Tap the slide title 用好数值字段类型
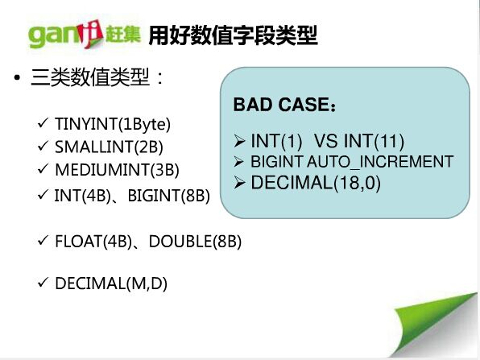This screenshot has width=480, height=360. [x=233, y=35]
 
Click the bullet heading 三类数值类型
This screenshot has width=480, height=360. [x=90, y=77]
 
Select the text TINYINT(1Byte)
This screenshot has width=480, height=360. [x=113, y=124]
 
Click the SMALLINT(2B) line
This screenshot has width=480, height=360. [x=109, y=147]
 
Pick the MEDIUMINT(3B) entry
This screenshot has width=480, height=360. [x=117, y=170]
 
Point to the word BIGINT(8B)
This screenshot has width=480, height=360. [x=169, y=196]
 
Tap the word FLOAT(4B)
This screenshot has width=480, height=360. [x=93, y=242]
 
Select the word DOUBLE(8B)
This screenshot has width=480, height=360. [x=196, y=242]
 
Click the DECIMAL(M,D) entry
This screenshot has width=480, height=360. [x=111, y=283]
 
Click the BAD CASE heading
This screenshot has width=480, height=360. [x=284, y=105]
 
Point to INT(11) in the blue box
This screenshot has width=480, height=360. [x=374, y=141]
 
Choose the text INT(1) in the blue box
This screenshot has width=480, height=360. [x=276, y=141]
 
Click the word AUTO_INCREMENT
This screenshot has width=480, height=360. [x=380, y=162]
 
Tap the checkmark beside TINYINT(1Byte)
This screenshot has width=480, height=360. [x=43, y=123]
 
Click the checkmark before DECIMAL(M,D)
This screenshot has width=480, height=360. [x=43, y=282]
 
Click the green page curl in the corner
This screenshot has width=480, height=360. [x=435, y=325]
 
